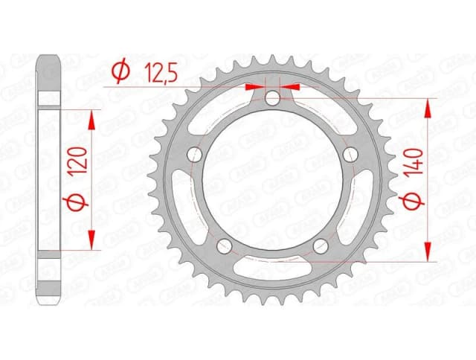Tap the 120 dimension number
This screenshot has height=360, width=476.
[x=83, y=159]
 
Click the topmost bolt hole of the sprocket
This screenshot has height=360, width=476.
[x=273, y=97]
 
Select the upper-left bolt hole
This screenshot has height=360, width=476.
[x=196, y=154]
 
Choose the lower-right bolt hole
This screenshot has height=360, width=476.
[x=321, y=245]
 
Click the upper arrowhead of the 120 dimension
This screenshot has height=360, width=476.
[x=92, y=119]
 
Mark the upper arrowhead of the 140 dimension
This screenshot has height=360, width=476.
[x=428, y=109]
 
